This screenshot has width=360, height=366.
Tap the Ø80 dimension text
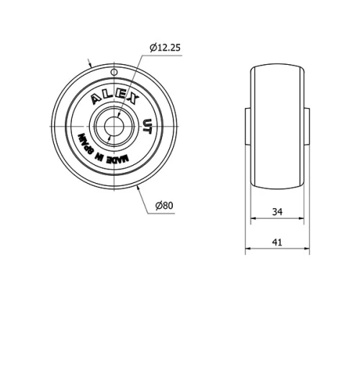[x=166, y=206]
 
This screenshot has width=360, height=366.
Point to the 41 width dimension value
[x=277, y=242]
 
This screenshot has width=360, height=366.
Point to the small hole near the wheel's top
[x=114, y=73]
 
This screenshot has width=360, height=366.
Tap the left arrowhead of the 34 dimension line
[x=253, y=218]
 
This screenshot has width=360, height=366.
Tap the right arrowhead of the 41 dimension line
[x=307, y=251]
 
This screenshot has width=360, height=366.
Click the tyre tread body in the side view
[x=277, y=127]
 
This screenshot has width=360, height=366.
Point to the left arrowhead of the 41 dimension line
[x=248, y=251]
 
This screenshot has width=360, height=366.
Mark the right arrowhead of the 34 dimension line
[x=302, y=218]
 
